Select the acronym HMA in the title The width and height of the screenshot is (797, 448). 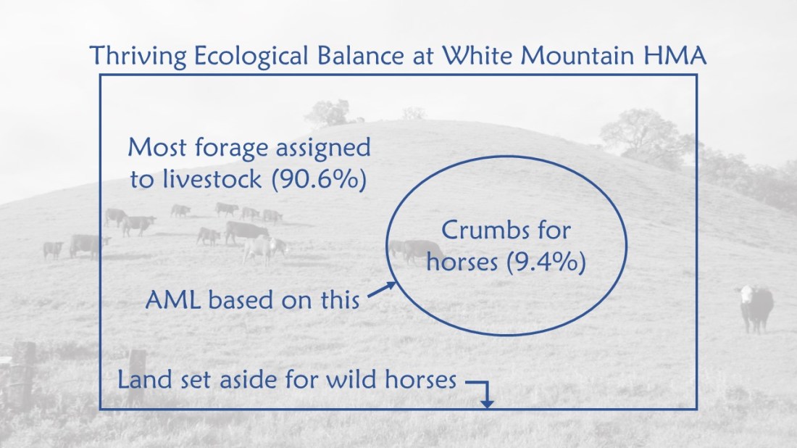pos(680,55)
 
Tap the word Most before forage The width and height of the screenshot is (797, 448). pos(158,149)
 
